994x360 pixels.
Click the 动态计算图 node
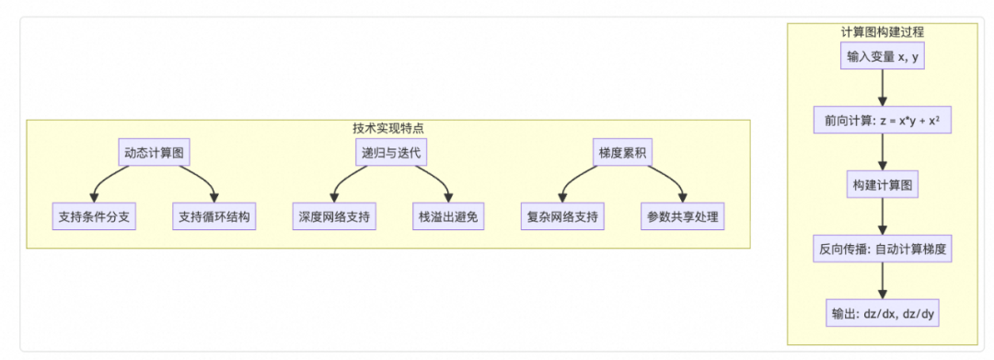pyautogui.click(x=155, y=153)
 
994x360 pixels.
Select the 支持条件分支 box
pyautogui.click(x=95, y=217)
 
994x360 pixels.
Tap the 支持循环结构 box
pyautogui.click(x=214, y=217)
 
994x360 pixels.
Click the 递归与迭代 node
pyautogui.click(x=389, y=153)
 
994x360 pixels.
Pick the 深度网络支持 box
pyautogui.click(x=333, y=217)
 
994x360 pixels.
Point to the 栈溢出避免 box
pyautogui.click(x=449, y=217)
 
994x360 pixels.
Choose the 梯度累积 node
pyautogui.click(x=624, y=153)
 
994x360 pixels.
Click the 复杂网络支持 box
pyautogui.click(x=562, y=217)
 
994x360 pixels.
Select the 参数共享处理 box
pyautogui.click(x=682, y=217)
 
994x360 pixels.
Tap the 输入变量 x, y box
pyautogui.click(x=883, y=57)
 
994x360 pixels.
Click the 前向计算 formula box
pyautogui.click(x=883, y=121)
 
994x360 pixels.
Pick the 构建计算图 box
pyautogui.click(x=883, y=184)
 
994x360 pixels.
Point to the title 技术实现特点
pyautogui.click(x=387, y=128)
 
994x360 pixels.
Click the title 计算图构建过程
pyautogui.click(x=883, y=31)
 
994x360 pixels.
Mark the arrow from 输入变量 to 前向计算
pyautogui.click(x=883, y=88)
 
